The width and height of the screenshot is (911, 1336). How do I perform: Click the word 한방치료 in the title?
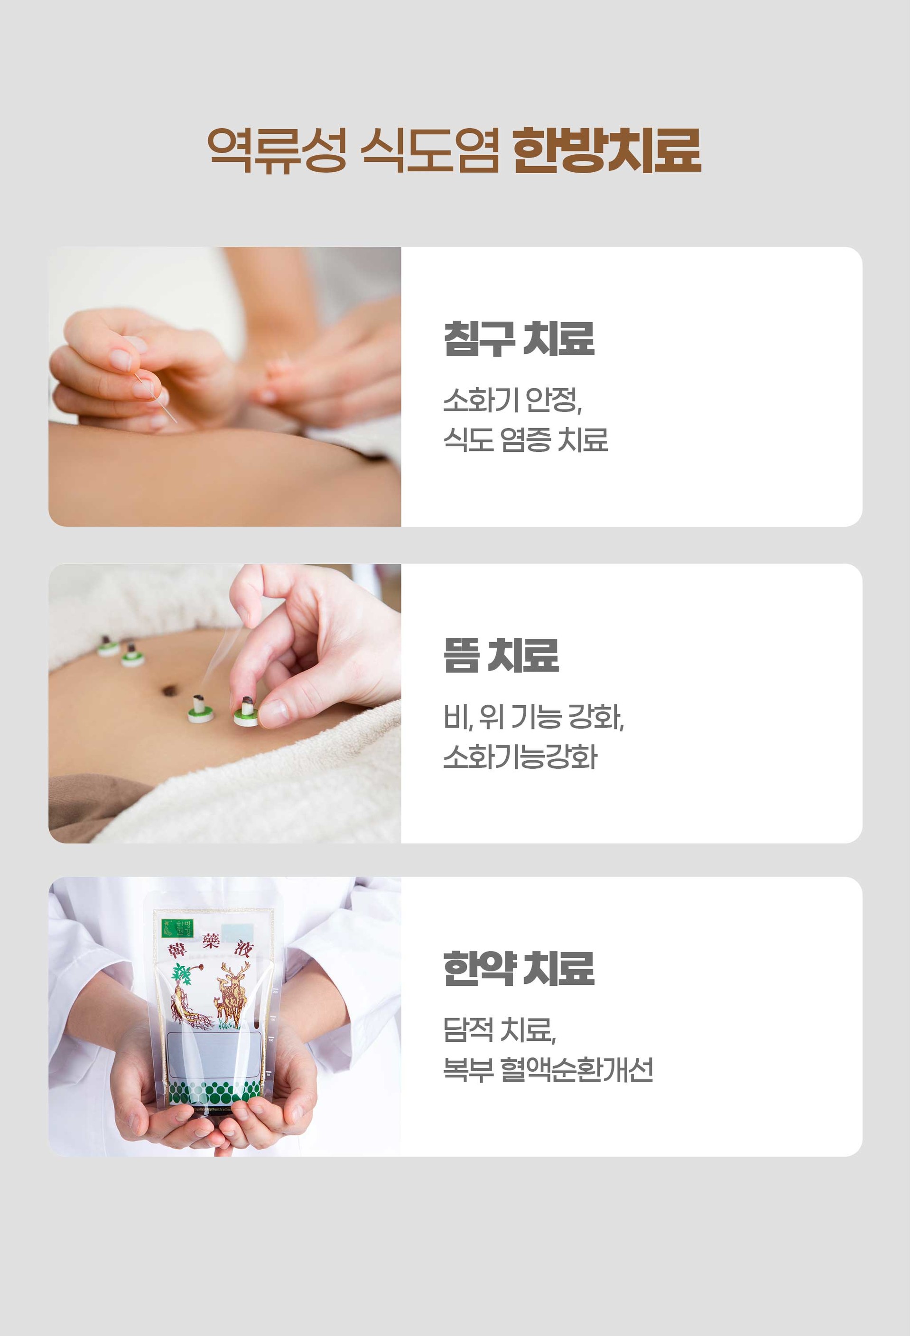click(x=606, y=150)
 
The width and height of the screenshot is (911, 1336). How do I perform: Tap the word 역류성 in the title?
click(x=278, y=150)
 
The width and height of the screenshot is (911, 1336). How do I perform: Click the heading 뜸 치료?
click(x=501, y=655)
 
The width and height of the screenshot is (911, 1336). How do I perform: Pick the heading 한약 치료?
click(x=519, y=969)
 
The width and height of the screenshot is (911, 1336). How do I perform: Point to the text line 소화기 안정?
click(x=513, y=400)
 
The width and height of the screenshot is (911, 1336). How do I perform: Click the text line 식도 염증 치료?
click(x=525, y=440)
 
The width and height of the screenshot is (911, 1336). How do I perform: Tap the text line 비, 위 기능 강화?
click(x=534, y=717)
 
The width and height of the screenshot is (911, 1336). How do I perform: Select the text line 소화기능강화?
click(x=521, y=757)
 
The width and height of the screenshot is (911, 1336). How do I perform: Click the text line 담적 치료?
click(x=500, y=1029)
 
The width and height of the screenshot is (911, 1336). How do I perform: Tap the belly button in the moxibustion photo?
click(x=168, y=690)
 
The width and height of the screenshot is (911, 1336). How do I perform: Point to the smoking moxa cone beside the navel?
click(x=199, y=708)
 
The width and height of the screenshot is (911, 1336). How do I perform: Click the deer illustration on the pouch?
click(x=232, y=994)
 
